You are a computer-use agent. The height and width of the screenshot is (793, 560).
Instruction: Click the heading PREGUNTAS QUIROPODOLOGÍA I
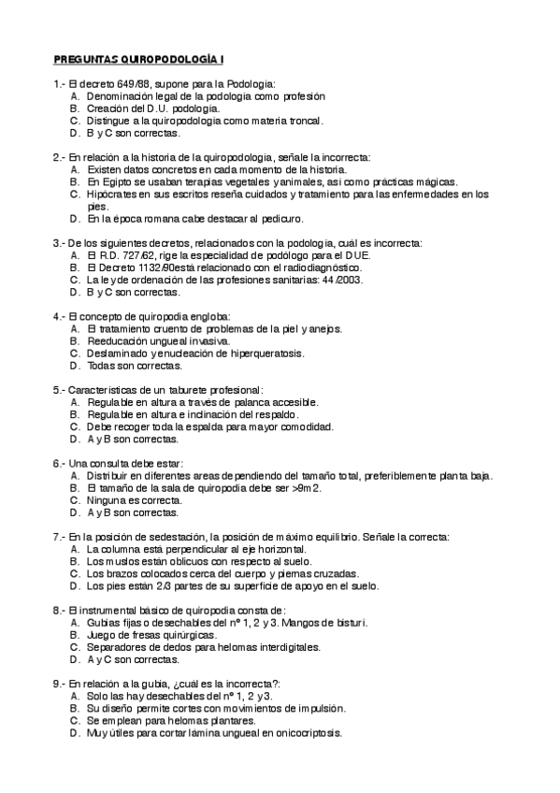coord(139,59)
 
